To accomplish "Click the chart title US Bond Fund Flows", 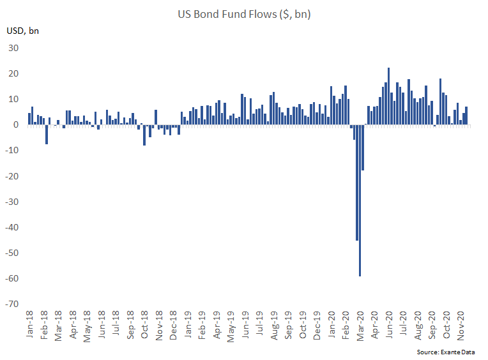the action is (x=244, y=14).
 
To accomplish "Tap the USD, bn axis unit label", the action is (x=23, y=31).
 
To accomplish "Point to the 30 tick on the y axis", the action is (x=13, y=48).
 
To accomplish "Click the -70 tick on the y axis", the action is (x=12, y=304).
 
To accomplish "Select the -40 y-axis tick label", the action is (x=12, y=227).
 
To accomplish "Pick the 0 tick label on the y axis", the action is (x=16, y=124).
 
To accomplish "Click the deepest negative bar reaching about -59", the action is (x=360, y=200).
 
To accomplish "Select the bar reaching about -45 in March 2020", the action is (x=357, y=183).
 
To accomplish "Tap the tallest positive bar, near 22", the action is (x=389, y=96).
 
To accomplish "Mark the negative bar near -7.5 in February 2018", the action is (x=47, y=134).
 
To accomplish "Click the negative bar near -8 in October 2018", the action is (x=144, y=135).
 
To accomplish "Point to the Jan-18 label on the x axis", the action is (x=29, y=324).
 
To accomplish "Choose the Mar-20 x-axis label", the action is (x=360, y=326).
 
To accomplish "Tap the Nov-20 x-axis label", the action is (x=461, y=326).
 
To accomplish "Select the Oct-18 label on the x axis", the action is (x=144, y=324).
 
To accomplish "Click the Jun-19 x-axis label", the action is (x=245, y=324).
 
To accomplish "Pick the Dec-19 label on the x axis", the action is (x=317, y=325).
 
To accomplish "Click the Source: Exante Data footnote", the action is (x=446, y=352).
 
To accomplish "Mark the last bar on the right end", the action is (x=466, y=116).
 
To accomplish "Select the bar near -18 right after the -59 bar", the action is (x=363, y=147).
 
